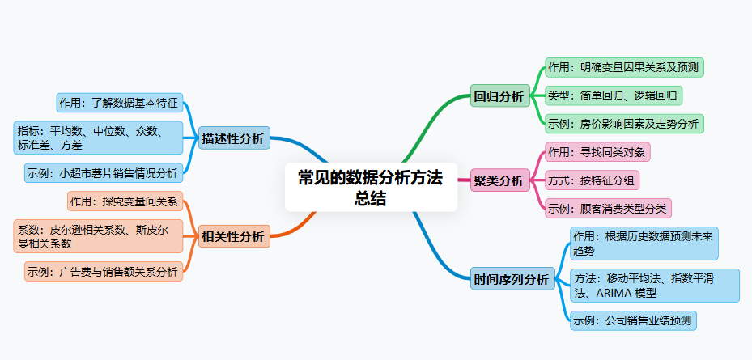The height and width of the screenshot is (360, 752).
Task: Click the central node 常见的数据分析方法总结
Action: pos(370,188)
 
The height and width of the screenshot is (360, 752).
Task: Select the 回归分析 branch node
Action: pos(499,96)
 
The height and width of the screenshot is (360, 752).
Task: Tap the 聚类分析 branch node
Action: pos(499,180)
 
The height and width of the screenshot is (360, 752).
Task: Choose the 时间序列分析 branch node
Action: pos(512,280)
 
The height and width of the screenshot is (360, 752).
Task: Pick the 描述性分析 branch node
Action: pos(233,138)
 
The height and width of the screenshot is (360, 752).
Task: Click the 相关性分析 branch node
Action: pos(233,236)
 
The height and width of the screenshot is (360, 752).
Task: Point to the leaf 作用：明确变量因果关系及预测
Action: pos(623,67)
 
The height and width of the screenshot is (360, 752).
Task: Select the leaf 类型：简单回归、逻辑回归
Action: pos(614,95)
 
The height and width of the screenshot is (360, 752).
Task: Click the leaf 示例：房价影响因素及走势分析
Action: pos(623,124)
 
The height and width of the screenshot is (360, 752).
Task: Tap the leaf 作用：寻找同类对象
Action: pos(597,152)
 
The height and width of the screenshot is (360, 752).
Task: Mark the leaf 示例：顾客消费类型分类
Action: pos(608,208)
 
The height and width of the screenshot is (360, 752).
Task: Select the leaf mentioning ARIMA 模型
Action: pos(654,285)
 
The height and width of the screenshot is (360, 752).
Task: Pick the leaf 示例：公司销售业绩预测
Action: pos(632,320)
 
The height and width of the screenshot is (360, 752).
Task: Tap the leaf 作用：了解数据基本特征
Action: pos(121,103)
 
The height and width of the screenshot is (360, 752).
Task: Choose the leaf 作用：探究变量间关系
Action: pos(125,201)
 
